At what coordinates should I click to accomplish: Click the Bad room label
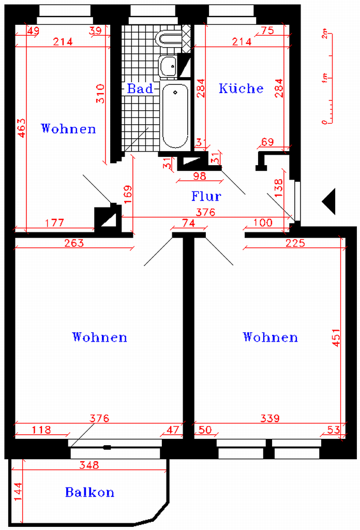click(x=140, y=89)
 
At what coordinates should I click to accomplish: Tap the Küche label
click(x=241, y=88)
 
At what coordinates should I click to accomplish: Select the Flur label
click(x=206, y=196)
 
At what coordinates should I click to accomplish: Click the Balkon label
click(x=89, y=492)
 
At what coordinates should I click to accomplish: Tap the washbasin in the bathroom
click(x=168, y=66)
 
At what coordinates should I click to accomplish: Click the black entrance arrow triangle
click(x=329, y=201)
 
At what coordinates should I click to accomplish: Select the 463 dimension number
click(x=21, y=127)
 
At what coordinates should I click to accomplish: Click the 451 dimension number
click(x=336, y=337)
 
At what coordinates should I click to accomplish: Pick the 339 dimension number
click(x=270, y=418)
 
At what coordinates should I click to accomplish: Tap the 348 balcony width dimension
click(x=89, y=465)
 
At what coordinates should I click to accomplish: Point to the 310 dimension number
click(x=100, y=94)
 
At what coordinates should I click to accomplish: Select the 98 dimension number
click(x=199, y=176)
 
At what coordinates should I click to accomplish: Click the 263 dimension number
click(x=74, y=243)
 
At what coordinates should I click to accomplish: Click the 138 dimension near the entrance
click(x=279, y=188)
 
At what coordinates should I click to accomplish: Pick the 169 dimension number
click(x=128, y=195)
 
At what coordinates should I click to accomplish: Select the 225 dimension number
click(x=295, y=243)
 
